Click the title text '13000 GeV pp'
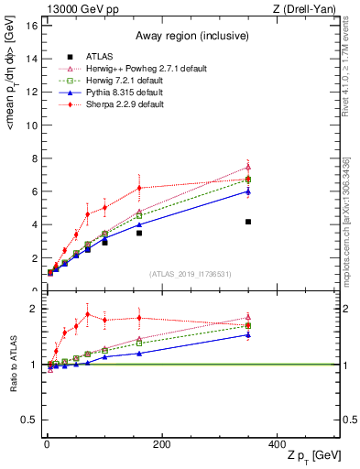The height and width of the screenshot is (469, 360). pyautogui.click(x=77, y=9)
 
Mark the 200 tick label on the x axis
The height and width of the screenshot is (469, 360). pyautogui.click(x=161, y=444)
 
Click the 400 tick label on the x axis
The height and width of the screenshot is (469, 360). pyautogui.click(x=277, y=444)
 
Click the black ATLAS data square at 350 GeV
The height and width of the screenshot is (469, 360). pyautogui.click(x=247, y=222)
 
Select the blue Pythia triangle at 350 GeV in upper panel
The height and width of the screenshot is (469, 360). pyautogui.click(x=247, y=191)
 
